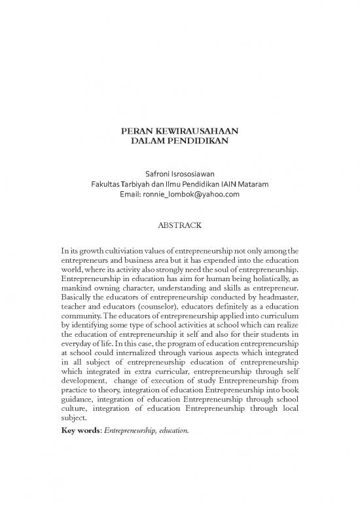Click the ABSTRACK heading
coord(179,225)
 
